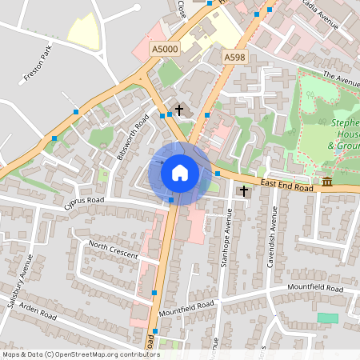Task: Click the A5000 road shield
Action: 166,50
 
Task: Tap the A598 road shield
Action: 234,58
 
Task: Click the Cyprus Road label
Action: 85,203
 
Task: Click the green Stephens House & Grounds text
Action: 344,134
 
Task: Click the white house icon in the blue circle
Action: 179,172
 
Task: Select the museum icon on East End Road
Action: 328,182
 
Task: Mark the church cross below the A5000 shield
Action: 178,109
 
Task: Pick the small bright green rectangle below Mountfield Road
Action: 327,318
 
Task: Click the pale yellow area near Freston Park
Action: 84,30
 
